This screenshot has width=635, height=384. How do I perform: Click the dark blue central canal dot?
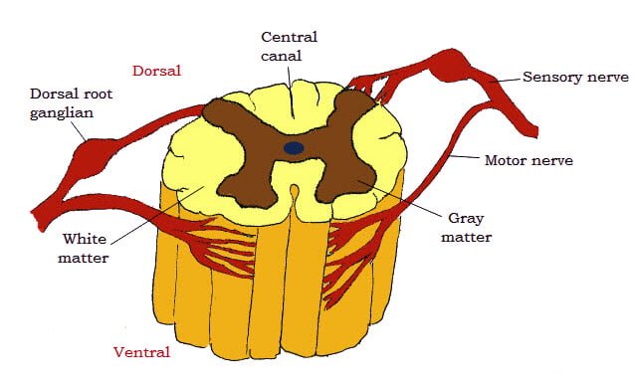[x=294, y=147]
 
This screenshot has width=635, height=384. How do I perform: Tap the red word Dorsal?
[x=158, y=71]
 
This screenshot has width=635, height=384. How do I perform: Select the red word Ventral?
[x=141, y=351]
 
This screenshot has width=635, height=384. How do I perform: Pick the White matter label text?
[x=85, y=249]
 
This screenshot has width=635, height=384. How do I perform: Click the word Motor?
[x=506, y=159]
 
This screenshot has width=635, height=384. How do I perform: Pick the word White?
[x=85, y=239]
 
